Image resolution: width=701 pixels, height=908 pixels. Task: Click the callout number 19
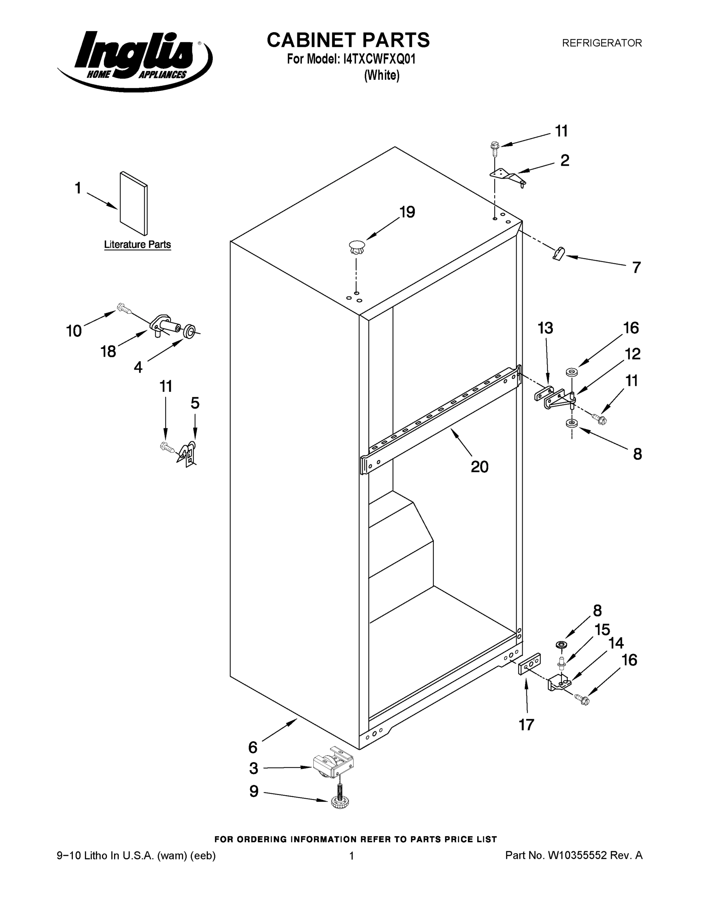point(407,213)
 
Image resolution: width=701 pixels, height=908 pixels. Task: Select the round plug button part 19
point(356,248)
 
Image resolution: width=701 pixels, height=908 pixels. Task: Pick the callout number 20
point(480,467)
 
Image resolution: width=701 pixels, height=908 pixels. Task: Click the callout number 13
point(545,328)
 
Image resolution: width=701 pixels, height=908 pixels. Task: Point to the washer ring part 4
point(189,331)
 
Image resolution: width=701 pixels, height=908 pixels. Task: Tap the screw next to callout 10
point(124,308)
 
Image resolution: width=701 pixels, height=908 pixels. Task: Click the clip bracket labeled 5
point(188,454)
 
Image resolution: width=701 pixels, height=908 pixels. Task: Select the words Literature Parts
point(138,244)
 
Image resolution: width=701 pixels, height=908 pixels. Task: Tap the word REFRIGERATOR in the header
point(602,43)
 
